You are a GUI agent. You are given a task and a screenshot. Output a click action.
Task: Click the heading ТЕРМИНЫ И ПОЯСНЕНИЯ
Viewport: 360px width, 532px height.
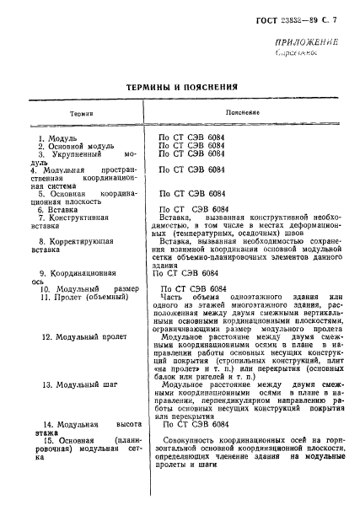[179, 85]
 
